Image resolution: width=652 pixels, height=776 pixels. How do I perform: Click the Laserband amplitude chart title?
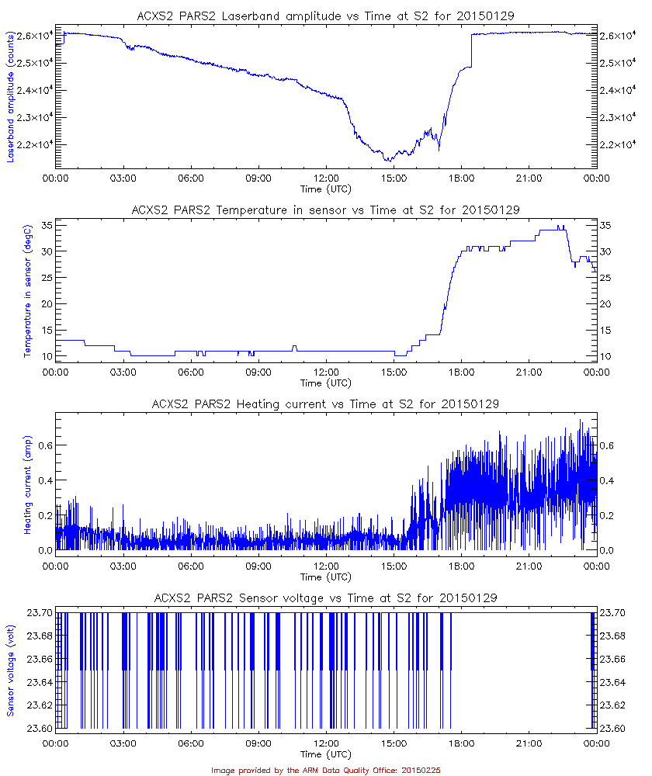[325, 15]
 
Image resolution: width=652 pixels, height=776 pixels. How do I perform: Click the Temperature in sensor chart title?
[325, 210]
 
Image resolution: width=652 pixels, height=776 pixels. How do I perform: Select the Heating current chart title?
[325, 404]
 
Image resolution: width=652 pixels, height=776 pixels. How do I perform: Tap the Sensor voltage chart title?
[325, 598]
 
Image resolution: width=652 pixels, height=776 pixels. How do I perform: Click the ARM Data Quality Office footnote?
[325, 770]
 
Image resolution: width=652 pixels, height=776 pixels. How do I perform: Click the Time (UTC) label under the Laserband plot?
[325, 188]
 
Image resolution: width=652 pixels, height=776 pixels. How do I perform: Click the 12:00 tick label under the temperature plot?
[325, 372]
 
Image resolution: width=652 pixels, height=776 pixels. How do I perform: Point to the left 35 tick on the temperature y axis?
[46, 225]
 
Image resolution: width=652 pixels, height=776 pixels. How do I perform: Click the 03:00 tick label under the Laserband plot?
[123, 178]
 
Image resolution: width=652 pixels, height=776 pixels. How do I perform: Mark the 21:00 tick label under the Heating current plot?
[529, 566]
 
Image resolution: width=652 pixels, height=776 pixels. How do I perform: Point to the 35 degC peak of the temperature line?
[559, 226]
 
